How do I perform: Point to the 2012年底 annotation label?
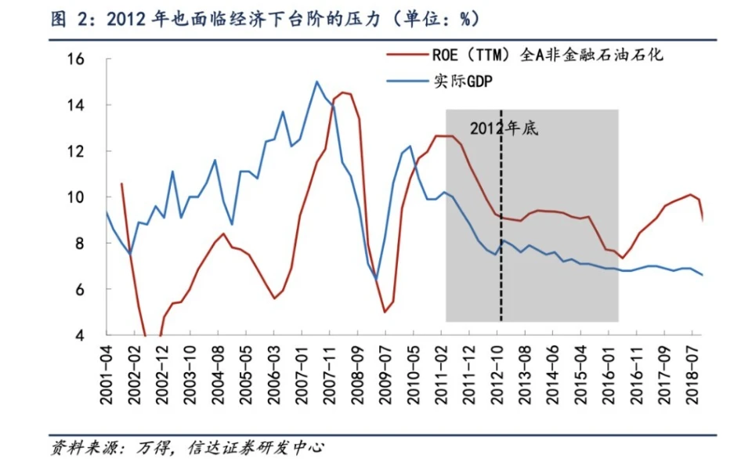tap(504, 128)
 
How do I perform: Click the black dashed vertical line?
tap(501, 235)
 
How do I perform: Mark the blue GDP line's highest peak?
tap(316, 81)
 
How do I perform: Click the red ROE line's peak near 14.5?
tap(343, 92)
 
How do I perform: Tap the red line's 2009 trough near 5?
tap(385, 312)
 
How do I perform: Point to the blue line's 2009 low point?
tap(376, 279)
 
